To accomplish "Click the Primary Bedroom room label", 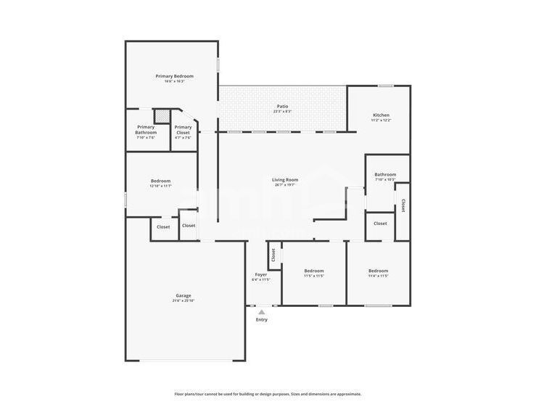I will (x=173, y=76).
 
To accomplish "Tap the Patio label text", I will (x=282, y=107).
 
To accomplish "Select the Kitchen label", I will (x=381, y=115).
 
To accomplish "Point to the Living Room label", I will (x=285, y=180).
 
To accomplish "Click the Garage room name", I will (x=183, y=295).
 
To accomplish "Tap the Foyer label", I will (x=260, y=275).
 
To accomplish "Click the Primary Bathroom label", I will (x=146, y=130).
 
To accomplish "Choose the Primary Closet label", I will (x=183, y=130).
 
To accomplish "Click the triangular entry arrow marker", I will (x=261, y=312).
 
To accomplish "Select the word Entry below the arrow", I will (x=261, y=320).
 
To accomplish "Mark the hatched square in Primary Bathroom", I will (x=165, y=115).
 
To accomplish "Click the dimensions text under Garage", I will (x=183, y=300).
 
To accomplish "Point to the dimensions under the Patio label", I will (x=282, y=112).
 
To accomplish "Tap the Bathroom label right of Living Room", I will (x=385, y=174).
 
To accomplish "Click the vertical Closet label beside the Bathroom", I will (x=403, y=205).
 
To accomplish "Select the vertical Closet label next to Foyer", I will (x=273, y=255).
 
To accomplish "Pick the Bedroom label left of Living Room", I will (x=160, y=181).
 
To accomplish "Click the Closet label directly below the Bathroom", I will (x=380, y=223).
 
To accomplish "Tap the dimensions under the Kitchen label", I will (x=381, y=120).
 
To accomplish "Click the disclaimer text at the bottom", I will (x=268, y=394).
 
